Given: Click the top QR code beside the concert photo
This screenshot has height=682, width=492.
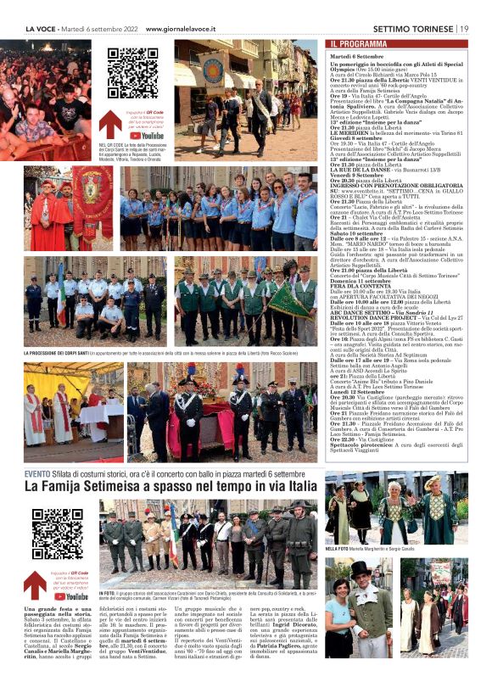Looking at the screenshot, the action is pos(133,75).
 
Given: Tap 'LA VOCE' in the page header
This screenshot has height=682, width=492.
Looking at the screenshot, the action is pos(42,28).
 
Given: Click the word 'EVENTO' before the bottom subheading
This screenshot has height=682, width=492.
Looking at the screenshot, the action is pos(37,474).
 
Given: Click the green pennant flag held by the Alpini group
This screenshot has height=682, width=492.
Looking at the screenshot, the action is pos(289,300).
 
